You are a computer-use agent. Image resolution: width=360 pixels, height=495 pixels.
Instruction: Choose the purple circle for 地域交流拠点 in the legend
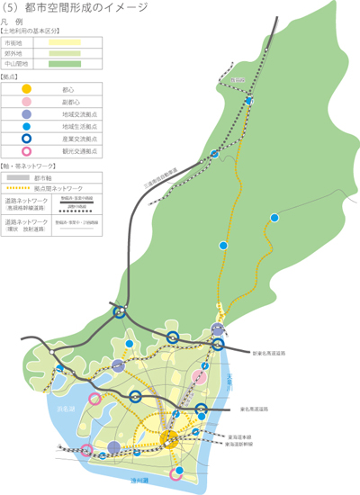(27, 115)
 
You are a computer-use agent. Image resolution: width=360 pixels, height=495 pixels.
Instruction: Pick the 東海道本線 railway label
(238, 435)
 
